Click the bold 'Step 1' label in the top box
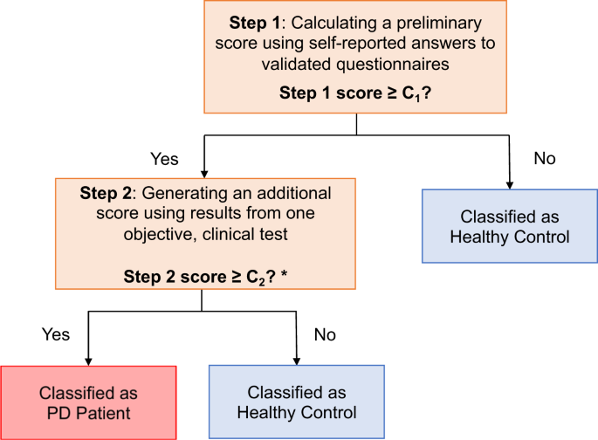[x=251, y=22]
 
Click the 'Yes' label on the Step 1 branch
[x=165, y=159]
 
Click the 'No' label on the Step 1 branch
[x=543, y=159]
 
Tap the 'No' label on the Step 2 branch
[x=326, y=333]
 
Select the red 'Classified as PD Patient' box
[x=88, y=402]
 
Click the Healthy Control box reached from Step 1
[x=507, y=227]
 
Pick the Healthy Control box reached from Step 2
[x=296, y=402]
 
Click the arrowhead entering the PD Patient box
[x=87, y=361]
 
